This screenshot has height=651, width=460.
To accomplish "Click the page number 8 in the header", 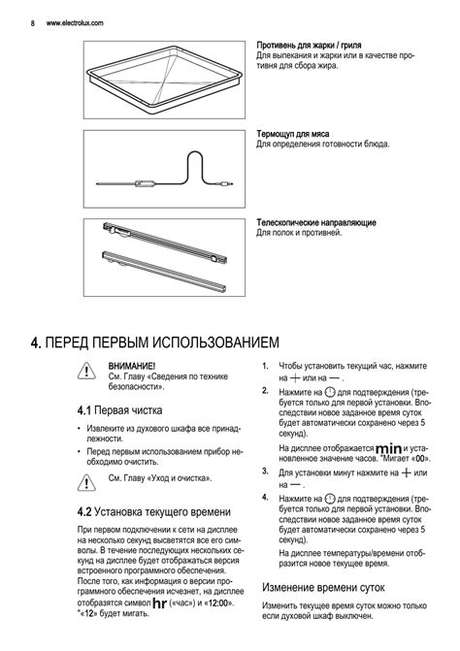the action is (x=32, y=23).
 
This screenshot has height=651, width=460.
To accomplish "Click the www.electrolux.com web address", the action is (x=75, y=23).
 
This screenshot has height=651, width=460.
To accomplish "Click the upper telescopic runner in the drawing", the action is (x=165, y=244).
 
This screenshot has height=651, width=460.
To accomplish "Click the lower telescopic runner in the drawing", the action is (x=164, y=271).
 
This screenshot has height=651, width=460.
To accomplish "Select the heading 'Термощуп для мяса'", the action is (x=293, y=134).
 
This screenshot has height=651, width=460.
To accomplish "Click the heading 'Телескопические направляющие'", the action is (x=316, y=222).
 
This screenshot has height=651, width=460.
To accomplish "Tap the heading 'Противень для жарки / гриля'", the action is (x=309, y=46).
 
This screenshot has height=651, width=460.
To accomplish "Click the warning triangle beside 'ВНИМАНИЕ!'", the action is (x=86, y=371).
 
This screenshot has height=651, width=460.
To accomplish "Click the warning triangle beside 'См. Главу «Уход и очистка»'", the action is (x=86, y=482).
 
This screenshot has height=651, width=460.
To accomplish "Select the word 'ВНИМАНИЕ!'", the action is (x=132, y=366).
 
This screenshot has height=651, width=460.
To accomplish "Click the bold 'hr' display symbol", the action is (x=159, y=602).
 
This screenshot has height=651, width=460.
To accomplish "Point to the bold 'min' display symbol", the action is (x=388, y=449).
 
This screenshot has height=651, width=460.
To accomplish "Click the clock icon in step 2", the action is (x=330, y=392).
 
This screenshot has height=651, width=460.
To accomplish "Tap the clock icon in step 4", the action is (x=330, y=499).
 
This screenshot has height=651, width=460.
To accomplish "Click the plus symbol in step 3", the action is (x=407, y=472).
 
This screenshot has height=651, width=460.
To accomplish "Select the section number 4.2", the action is (x=83, y=512).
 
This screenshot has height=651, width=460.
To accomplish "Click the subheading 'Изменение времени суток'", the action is (x=323, y=588).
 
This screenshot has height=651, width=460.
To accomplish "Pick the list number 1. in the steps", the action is (x=265, y=366).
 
